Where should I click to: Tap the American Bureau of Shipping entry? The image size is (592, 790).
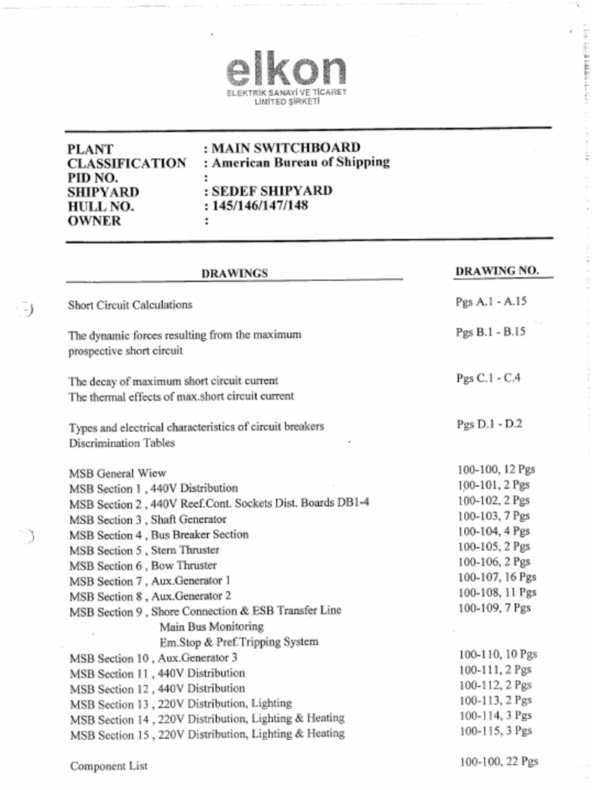click(x=300, y=162)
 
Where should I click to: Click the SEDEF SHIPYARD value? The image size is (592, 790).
click(x=271, y=191)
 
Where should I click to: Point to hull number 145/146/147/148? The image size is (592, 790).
click(x=260, y=205)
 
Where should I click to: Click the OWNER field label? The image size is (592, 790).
click(x=94, y=221)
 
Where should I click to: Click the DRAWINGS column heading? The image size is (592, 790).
click(x=234, y=272)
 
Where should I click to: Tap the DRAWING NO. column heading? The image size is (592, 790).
click(x=497, y=271)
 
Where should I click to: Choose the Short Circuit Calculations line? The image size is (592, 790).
click(x=129, y=305)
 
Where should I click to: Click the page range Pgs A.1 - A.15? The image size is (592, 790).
click(x=491, y=302)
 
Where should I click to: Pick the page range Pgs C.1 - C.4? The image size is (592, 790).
click(x=488, y=378)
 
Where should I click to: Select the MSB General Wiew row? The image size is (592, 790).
click(x=117, y=473)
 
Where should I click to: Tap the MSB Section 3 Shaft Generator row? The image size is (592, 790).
click(x=147, y=519)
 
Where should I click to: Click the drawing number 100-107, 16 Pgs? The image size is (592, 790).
click(x=496, y=577)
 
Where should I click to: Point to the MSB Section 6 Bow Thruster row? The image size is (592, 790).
click(x=143, y=565)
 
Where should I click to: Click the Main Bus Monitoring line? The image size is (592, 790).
click(x=206, y=626)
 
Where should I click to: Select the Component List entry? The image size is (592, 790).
click(x=109, y=766)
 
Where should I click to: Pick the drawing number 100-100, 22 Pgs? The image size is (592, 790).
click(x=498, y=761)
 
